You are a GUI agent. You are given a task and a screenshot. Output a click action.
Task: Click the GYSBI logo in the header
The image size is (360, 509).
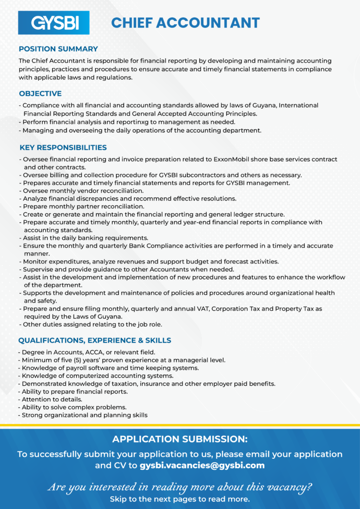[x=54, y=23]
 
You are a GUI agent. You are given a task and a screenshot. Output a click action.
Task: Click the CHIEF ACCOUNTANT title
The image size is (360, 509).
[x=185, y=23]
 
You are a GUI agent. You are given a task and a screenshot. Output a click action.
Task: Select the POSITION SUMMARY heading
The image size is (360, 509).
[x=58, y=49]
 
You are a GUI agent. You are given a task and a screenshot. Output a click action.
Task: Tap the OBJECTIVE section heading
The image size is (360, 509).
[x=40, y=93]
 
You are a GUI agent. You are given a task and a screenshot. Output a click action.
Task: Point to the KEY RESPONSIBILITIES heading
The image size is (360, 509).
[x=63, y=148]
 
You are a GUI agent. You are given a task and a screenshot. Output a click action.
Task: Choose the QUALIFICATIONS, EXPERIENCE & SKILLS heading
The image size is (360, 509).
[x=94, y=340]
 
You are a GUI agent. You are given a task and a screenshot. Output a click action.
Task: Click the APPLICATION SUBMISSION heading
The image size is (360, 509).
[x=180, y=439]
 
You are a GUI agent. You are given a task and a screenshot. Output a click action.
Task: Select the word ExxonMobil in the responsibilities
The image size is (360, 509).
[x=234, y=160]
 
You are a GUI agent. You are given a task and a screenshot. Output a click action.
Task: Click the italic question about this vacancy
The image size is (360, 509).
[x=180, y=487]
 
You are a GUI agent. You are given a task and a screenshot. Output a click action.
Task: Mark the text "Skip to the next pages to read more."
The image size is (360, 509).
[x=180, y=499]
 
